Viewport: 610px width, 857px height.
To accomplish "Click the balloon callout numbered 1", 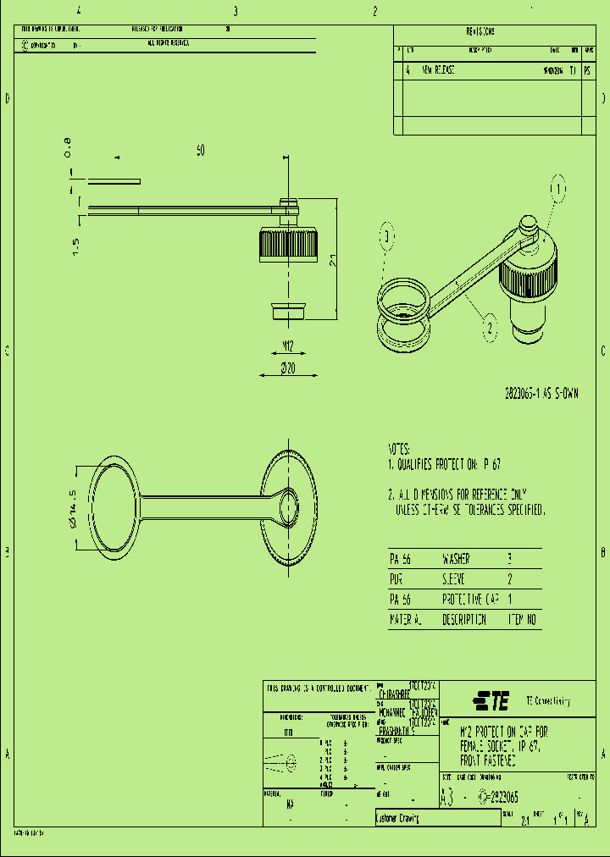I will (x=558, y=189).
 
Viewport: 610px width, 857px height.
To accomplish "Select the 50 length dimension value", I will (x=201, y=151).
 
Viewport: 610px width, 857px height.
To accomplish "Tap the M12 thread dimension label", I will (x=287, y=345).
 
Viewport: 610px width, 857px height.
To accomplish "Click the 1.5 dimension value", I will (x=75, y=246).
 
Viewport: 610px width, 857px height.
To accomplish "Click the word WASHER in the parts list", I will (x=456, y=560).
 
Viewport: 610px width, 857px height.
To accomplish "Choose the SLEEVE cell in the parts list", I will (x=454, y=580).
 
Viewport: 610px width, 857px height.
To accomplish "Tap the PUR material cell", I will (x=396, y=580).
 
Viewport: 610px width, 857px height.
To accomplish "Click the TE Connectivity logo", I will (x=491, y=701).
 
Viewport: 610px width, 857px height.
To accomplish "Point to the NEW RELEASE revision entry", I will (x=438, y=70).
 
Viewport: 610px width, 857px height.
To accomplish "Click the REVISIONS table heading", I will (x=480, y=31).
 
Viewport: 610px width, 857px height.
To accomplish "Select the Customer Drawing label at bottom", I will (x=398, y=819).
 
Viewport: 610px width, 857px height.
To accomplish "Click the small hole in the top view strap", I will (x=286, y=507).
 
